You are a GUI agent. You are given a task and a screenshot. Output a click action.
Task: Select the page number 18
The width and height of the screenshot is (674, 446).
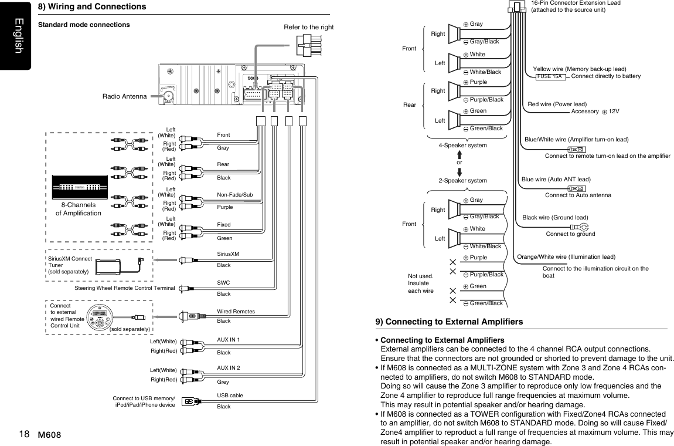click(24, 434)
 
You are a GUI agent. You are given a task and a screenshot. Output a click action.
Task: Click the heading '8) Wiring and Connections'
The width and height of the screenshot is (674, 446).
click(92, 6)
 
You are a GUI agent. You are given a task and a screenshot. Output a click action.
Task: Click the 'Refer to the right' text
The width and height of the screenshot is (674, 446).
click(309, 27)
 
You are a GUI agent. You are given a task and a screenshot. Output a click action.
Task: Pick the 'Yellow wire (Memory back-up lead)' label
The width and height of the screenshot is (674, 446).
click(580, 69)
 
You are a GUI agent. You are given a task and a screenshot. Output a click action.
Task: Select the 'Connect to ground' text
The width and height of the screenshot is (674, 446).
click(570, 234)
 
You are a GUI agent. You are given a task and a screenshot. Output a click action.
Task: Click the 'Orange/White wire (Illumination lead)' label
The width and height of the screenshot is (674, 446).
click(566, 257)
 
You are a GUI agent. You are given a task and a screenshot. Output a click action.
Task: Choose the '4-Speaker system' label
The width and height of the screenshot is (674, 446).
click(462, 145)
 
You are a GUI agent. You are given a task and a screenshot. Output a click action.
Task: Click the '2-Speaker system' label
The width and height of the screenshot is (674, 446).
click(462, 180)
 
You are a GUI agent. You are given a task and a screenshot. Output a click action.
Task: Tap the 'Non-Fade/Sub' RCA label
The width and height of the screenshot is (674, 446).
click(234, 194)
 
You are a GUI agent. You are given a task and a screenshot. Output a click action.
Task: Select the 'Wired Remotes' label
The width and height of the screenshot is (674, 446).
click(236, 311)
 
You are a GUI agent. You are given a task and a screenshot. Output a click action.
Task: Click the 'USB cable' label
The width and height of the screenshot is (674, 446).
click(230, 396)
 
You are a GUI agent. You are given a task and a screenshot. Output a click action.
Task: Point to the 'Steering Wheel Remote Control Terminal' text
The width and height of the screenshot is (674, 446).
click(125, 288)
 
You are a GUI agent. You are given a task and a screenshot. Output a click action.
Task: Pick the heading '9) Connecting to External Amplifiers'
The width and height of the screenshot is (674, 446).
click(449, 322)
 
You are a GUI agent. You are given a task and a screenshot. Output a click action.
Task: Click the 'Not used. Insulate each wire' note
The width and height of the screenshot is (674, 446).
click(420, 283)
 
